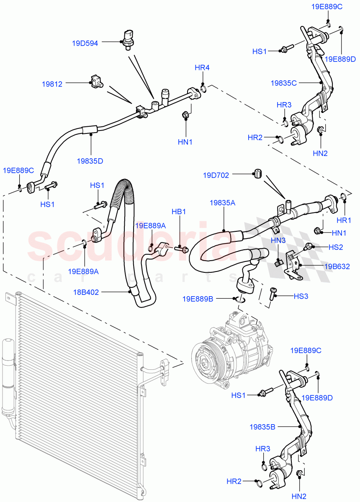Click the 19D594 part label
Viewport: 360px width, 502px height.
85,43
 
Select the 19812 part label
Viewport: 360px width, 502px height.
52,84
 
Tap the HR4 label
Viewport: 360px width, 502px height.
202,68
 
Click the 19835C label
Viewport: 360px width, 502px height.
283,83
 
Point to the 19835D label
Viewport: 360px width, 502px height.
90,160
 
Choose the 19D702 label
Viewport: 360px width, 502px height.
216,175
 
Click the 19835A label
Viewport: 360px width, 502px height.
222,203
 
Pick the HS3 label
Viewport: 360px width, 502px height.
301,296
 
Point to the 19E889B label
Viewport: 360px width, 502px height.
198,299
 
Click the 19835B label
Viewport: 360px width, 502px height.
262,427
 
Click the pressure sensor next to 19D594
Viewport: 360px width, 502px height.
128,39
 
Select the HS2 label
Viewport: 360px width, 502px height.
335,247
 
